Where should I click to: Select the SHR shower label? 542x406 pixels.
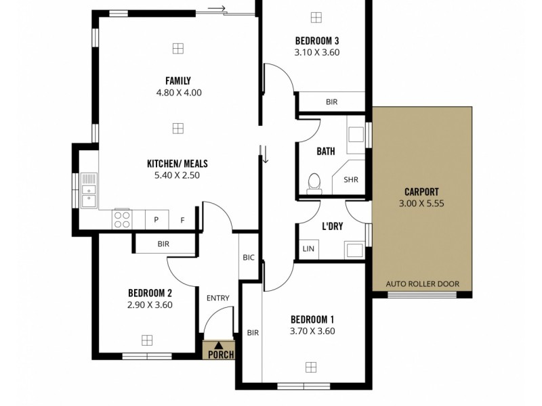click(350, 180)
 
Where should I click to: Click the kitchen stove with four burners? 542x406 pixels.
click(123, 219)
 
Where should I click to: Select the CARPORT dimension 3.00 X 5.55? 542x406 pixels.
click(421, 202)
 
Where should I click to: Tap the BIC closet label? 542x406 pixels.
click(249, 257)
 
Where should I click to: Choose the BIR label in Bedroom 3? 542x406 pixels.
click(331, 102)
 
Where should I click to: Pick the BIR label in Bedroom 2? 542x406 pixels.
click(163, 244)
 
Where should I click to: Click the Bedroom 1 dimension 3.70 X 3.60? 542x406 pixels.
click(312, 331)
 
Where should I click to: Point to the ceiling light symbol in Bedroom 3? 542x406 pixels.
click(316, 18)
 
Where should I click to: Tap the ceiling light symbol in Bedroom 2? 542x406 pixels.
click(147, 340)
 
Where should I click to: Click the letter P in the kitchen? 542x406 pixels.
click(156, 220)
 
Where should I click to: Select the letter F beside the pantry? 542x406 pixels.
click(182, 220)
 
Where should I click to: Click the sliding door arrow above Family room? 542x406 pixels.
click(217, 8)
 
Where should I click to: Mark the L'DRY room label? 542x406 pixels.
click(332, 227)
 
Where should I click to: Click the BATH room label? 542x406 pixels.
click(326, 152)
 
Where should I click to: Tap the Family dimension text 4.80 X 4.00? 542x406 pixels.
click(178, 93)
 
